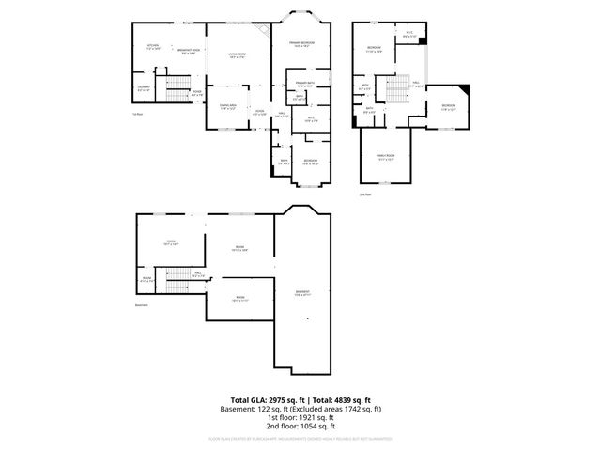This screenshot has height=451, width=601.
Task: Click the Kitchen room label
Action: tap(152, 46)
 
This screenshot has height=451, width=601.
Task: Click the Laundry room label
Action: tap(143, 88)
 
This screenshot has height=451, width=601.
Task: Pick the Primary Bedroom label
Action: tap(300, 44)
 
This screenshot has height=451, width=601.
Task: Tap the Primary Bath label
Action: tap(302, 85)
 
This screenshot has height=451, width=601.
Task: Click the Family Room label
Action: tap(386, 156)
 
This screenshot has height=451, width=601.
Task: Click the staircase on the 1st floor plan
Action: tap(177, 91)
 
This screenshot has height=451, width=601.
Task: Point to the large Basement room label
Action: tap(302, 293)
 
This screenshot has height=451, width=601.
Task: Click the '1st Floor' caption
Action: tap(137, 115)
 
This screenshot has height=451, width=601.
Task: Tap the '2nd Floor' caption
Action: tap(365, 194)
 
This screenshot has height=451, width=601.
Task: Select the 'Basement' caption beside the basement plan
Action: tap(142, 304)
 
